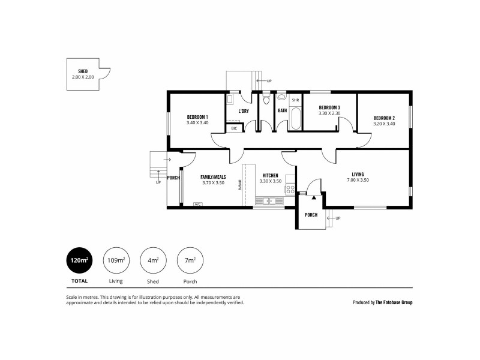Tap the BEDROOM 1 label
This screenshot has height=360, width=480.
click(197, 117)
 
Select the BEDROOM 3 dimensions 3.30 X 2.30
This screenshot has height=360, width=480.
click(329, 113)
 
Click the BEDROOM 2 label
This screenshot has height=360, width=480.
click(383, 118)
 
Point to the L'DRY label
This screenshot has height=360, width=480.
click(243, 111)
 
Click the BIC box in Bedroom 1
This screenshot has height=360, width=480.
click(234, 128)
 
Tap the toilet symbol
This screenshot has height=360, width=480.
click(266, 98)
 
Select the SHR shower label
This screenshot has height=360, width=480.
click(295, 100)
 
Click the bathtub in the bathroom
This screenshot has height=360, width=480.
click(295, 118)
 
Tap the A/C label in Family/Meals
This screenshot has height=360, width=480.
click(197, 205)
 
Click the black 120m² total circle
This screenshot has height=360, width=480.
click(80, 260)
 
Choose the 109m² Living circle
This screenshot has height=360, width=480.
click(116, 260)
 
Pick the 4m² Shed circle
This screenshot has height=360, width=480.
click(153, 260)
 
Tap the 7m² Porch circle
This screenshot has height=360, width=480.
click(190, 260)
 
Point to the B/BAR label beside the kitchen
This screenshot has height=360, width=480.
click(240, 187)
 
